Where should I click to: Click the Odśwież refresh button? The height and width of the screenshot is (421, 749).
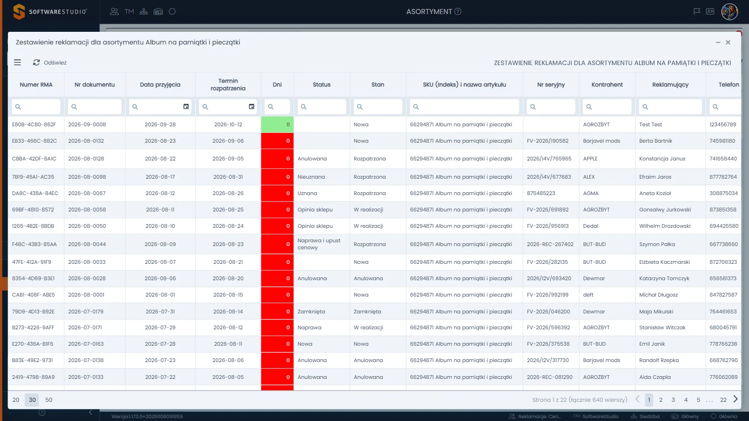[x=50, y=63]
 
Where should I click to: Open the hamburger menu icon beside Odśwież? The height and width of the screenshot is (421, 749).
[x=17, y=63]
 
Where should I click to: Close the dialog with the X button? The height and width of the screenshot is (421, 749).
[x=728, y=43]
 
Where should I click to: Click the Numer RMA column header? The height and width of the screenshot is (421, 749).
[x=36, y=85]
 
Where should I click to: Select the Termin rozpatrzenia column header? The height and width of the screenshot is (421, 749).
[x=228, y=85]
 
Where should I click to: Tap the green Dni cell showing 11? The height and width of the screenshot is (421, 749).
[x=277, y=124]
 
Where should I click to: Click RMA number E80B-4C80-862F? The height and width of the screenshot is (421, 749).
[x=34, y=124]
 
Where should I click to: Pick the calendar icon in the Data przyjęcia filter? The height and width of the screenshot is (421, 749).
[x=186, y=107]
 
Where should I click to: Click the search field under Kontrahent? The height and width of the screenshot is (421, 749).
[x=607, y=107]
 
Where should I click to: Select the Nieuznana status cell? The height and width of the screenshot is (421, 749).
[x=311, y=177]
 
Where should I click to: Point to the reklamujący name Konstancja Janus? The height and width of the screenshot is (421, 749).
[x=662, y=159]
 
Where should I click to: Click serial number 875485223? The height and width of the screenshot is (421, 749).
[x=541, y=193]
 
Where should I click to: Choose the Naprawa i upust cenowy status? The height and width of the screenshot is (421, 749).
[x=319, y=244]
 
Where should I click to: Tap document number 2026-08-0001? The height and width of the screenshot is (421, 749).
[x=86, y=295]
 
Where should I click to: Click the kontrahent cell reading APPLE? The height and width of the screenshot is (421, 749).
[x=590, y=159]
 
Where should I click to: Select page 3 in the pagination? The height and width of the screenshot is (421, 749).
[x=673, y=399]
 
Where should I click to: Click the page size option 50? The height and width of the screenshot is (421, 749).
[x=49, y=399]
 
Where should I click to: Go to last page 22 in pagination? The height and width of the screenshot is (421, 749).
[x=723, y=399]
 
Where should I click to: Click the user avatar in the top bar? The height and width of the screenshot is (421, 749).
[x=729, y=12]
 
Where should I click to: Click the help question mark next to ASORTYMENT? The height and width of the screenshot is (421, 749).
[x=458, y=12]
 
